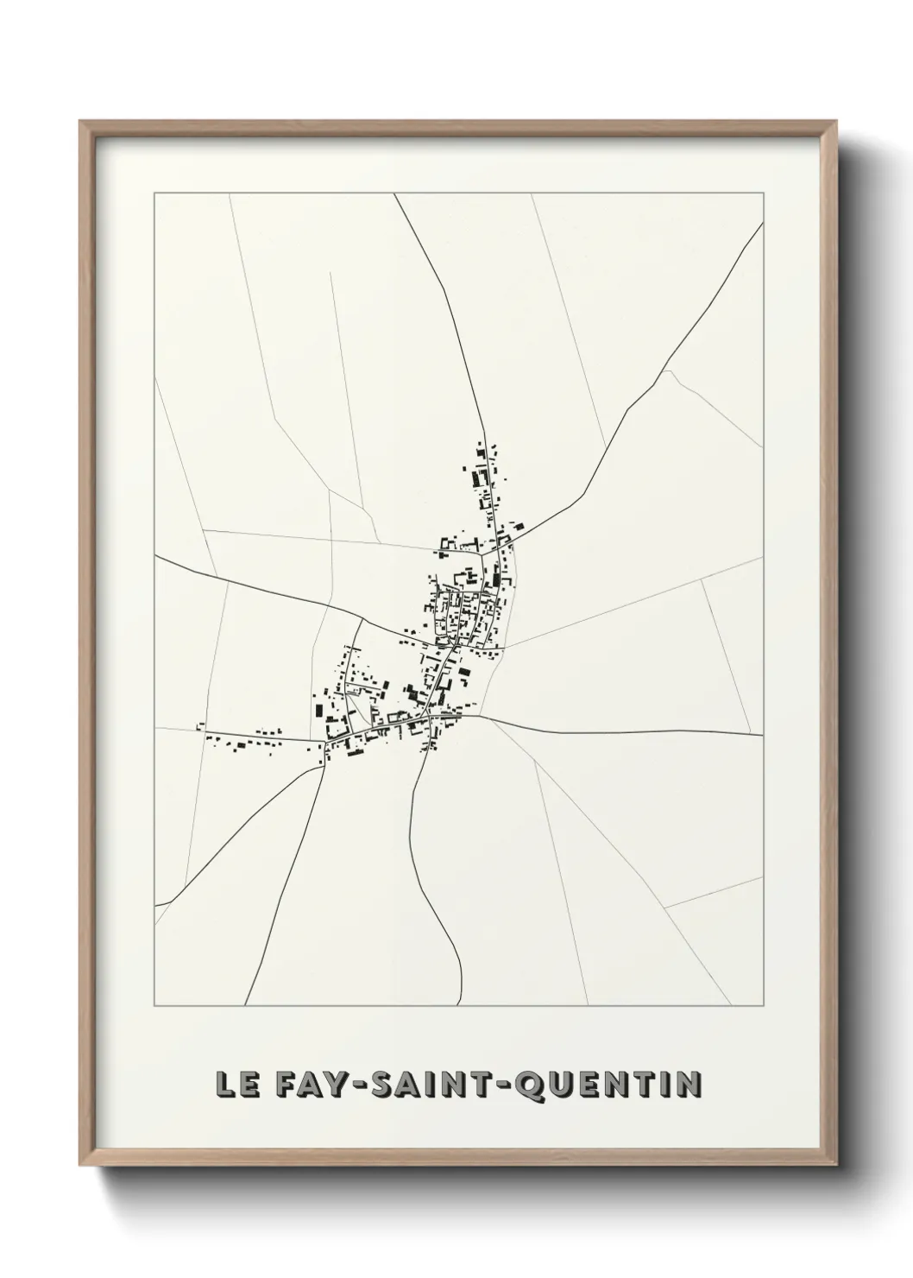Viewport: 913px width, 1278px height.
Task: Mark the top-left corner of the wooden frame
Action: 80,122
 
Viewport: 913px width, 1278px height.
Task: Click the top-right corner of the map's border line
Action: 763,194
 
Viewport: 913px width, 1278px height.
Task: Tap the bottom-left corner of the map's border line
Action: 154,1006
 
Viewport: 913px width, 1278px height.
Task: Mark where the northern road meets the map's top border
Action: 395,194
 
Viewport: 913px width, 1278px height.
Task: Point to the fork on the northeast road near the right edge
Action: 668,372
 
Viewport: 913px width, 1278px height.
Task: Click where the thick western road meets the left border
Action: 155,556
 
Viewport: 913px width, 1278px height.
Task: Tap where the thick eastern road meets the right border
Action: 763,735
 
